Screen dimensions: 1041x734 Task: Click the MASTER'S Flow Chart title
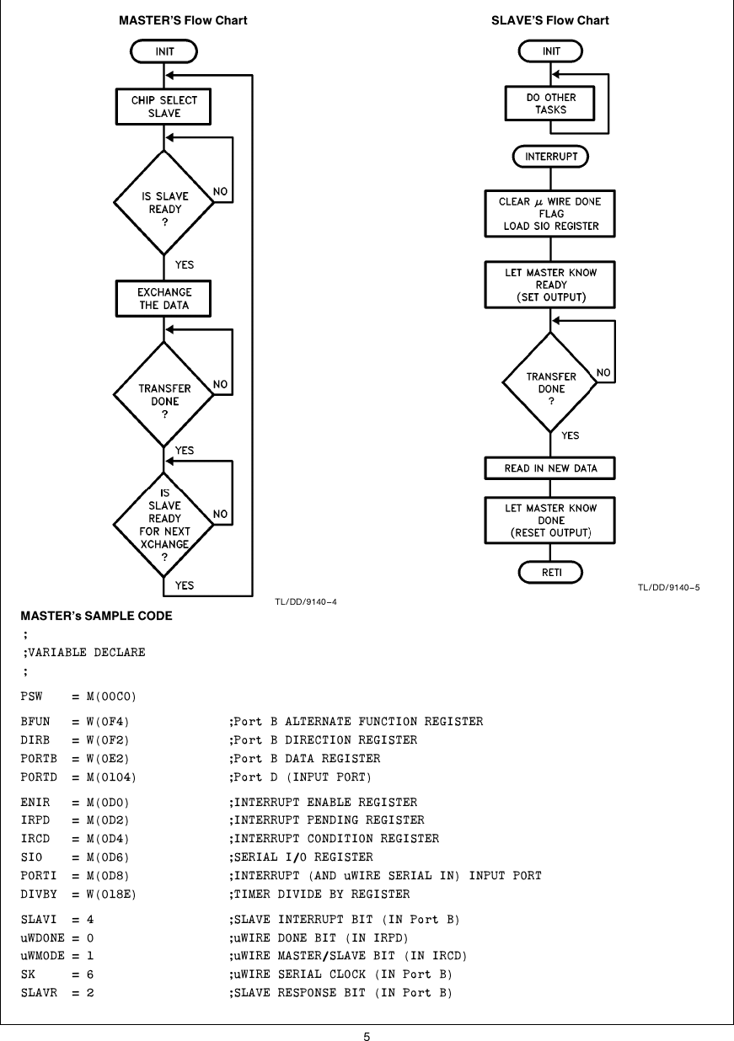pos(183,20)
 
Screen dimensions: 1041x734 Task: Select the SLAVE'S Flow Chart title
pos(549,20)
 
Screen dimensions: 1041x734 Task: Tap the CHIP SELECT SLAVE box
pos(163,106)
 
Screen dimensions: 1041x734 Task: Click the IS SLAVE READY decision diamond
pos(163,202)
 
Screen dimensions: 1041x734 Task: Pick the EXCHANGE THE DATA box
pos(163,299)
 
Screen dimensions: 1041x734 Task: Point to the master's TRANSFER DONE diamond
pos(163,395)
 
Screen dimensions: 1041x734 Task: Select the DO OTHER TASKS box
pos(551,104)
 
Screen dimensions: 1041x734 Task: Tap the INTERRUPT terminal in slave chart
pos(551,157)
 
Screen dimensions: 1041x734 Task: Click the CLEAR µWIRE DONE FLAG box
pos(551,214)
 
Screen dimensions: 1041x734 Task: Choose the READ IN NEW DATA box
pos(551,468)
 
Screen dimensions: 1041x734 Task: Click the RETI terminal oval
pos(551,573)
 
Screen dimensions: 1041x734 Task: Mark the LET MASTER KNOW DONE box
pos(551,520)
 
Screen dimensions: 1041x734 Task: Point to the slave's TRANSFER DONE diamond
pos(551,382)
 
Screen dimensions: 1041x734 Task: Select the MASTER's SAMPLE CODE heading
pos(97,617)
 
